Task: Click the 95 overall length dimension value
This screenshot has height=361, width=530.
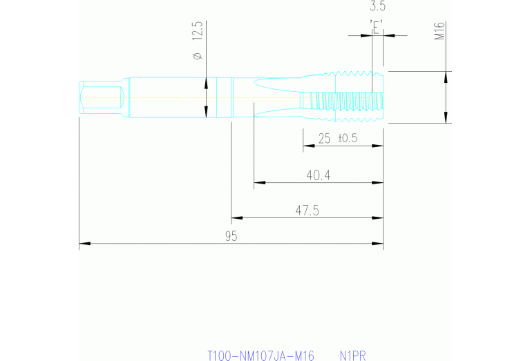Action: pyautogui.click(x=231, y=236)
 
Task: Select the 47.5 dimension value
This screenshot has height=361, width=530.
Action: pyautogui.click(x=307, y=211)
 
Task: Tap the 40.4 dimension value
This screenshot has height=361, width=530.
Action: pyautogui.click(x=319, y=175)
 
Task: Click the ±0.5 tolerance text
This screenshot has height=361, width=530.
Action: pyautogui.click(x=347, y=138)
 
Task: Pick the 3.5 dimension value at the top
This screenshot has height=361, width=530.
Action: pyautogui.click(x=377, y=7)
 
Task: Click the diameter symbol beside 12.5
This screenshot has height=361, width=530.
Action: pyautogui.click(x=197, y=55)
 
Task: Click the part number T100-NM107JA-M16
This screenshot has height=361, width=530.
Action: pyautogui.click(x=261, y=356)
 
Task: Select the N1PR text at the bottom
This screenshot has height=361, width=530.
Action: pyautogui.click(x=352, y=356)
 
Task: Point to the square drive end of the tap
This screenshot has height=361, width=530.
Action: pyautogui.click(x=102, y=97)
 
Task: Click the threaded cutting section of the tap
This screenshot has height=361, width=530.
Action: pyautogui.click(x=342, y=97)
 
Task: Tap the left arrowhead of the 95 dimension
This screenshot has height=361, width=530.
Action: pyautogui.click(x=83, y=244)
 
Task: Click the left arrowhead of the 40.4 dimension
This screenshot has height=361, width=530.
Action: pyautogui.click(x=258, y=183)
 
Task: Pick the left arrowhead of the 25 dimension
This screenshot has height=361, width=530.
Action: pyautogui.click(x=306, y=146)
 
